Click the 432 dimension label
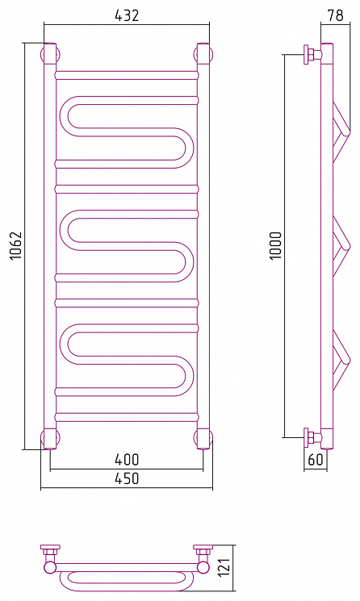pos(127,15)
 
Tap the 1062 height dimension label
pos(16,246)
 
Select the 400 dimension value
pos(127,459)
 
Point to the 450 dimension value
pos(127,478)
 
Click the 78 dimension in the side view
pos(336,15)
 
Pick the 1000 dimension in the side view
pos(276,246)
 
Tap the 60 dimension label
pos(316,459)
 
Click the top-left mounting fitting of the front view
pos(50,54)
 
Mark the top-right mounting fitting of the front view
pos(203,54)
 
